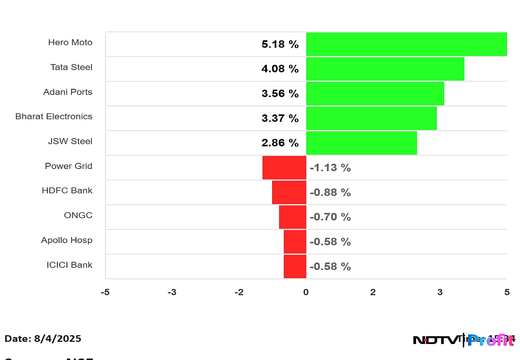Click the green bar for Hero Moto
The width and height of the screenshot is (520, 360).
tap(406, 44)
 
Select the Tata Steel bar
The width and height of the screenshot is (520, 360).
tap(385, 69)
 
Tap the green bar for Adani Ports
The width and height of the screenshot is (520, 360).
tap(375, 94)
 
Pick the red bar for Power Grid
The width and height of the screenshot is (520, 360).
tap(284, 168)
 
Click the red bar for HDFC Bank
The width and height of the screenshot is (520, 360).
tap(289, 192)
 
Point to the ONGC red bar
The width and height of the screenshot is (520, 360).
tap(292, 217)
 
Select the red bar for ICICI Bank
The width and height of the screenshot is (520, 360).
tap(295, 266)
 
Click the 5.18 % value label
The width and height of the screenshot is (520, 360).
tap(280, 44)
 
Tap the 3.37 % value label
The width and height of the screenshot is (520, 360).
tap(280, 118)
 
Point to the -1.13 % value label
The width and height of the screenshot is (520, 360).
tap(330, 168)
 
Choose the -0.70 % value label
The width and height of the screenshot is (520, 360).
tap(330, 217)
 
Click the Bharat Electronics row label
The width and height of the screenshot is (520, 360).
tap(54, 117)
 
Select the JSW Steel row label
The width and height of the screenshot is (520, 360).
tap(70, 141)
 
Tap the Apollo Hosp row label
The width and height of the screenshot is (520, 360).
tap(67, 240)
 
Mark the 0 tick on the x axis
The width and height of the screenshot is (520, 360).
tap(306, 292)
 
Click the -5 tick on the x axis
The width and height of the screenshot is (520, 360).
tap(105, 292)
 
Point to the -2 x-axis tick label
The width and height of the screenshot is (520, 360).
tap(239, 292)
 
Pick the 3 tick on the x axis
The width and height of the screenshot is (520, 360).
tap(440, 292)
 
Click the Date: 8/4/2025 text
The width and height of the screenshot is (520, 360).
tap(43, 339)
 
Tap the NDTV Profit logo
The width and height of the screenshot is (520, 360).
tap(464, 341)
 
